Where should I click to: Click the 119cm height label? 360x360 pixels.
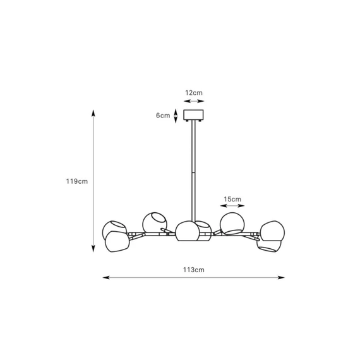click(x=77, y=181)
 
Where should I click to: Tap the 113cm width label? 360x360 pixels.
click(x=193, y=270)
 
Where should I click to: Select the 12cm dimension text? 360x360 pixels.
click(x=194, y=93)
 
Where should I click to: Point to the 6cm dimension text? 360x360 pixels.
click(x=163, y=116)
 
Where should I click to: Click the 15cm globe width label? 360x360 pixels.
click(x=232, y=199)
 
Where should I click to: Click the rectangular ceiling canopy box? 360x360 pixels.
click(x=193, y=115)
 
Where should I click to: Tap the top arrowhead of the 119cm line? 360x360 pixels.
click(x=93, y=113)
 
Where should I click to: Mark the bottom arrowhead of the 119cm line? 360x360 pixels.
click(x=93, y=249)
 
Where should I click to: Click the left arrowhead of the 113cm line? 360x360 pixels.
click(x=106, y=277)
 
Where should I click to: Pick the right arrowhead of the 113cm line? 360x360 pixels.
click(x=281, y=277)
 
